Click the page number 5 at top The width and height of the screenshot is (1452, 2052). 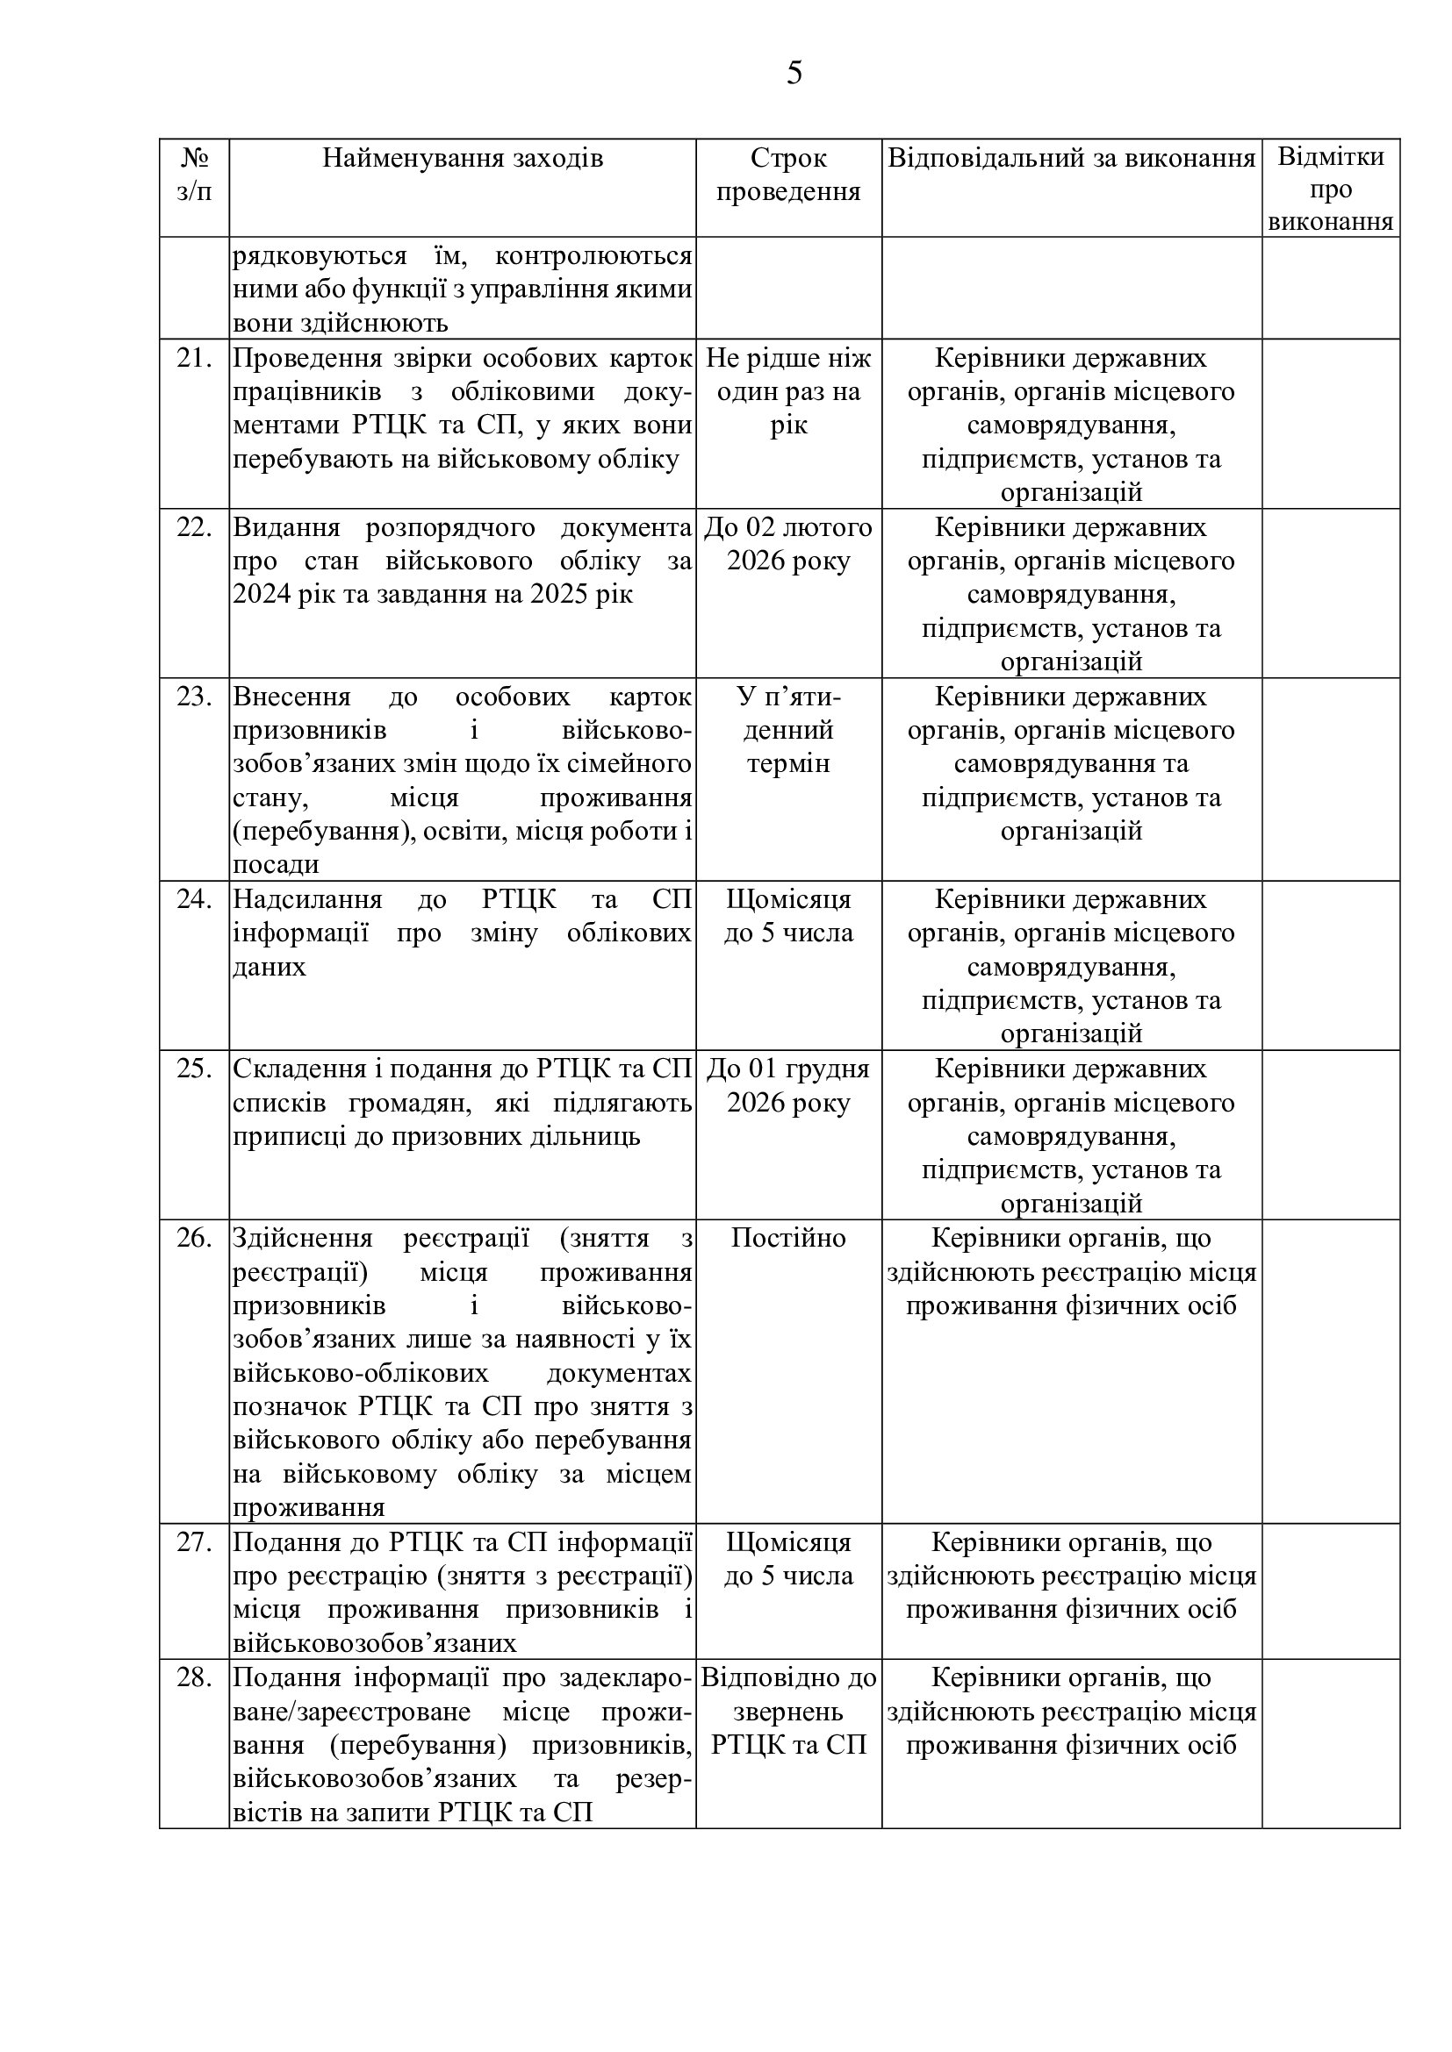pyautogui.click(x=794, y=74)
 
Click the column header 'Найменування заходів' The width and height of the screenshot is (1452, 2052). pyautogui.click(x=463, y=158)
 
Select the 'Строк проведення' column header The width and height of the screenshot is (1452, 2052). pyautogui.click(x=787, y=175)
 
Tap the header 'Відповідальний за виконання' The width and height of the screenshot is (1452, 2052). pyautogui.click(x=1071, y=158)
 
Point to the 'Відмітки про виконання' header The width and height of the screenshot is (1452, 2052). pyautogui.click(x=1330, y=189)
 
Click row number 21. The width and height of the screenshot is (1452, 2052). pyautogui.click(x=194, y=359)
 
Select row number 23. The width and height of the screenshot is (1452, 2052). pyautogui.click(x=194, y=697)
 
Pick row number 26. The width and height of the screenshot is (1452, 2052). pyautogui.click(x=194, y=1238)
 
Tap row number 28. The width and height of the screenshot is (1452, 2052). pyautogui.click(x=194, y=1677)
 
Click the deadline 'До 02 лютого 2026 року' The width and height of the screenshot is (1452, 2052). pyautogui.click(x=787, y=544)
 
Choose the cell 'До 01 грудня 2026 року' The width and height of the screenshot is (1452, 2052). pyautogui.click(x=787, y=1085)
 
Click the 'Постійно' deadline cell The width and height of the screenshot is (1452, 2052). pyautogui.click(x=787, y=1238)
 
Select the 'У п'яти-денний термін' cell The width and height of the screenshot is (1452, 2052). pyautogui.click(x=787, y=730)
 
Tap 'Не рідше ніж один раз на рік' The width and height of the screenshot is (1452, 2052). pyautogui.click(x=787, y=391)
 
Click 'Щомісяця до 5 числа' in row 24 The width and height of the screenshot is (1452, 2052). pyautogui.click(x=787, y=916)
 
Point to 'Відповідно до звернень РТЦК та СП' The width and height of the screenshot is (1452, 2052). pyautogui.click(x=787, y=1712)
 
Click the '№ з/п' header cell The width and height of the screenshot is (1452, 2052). pyautogui.click(x=194, y=175)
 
